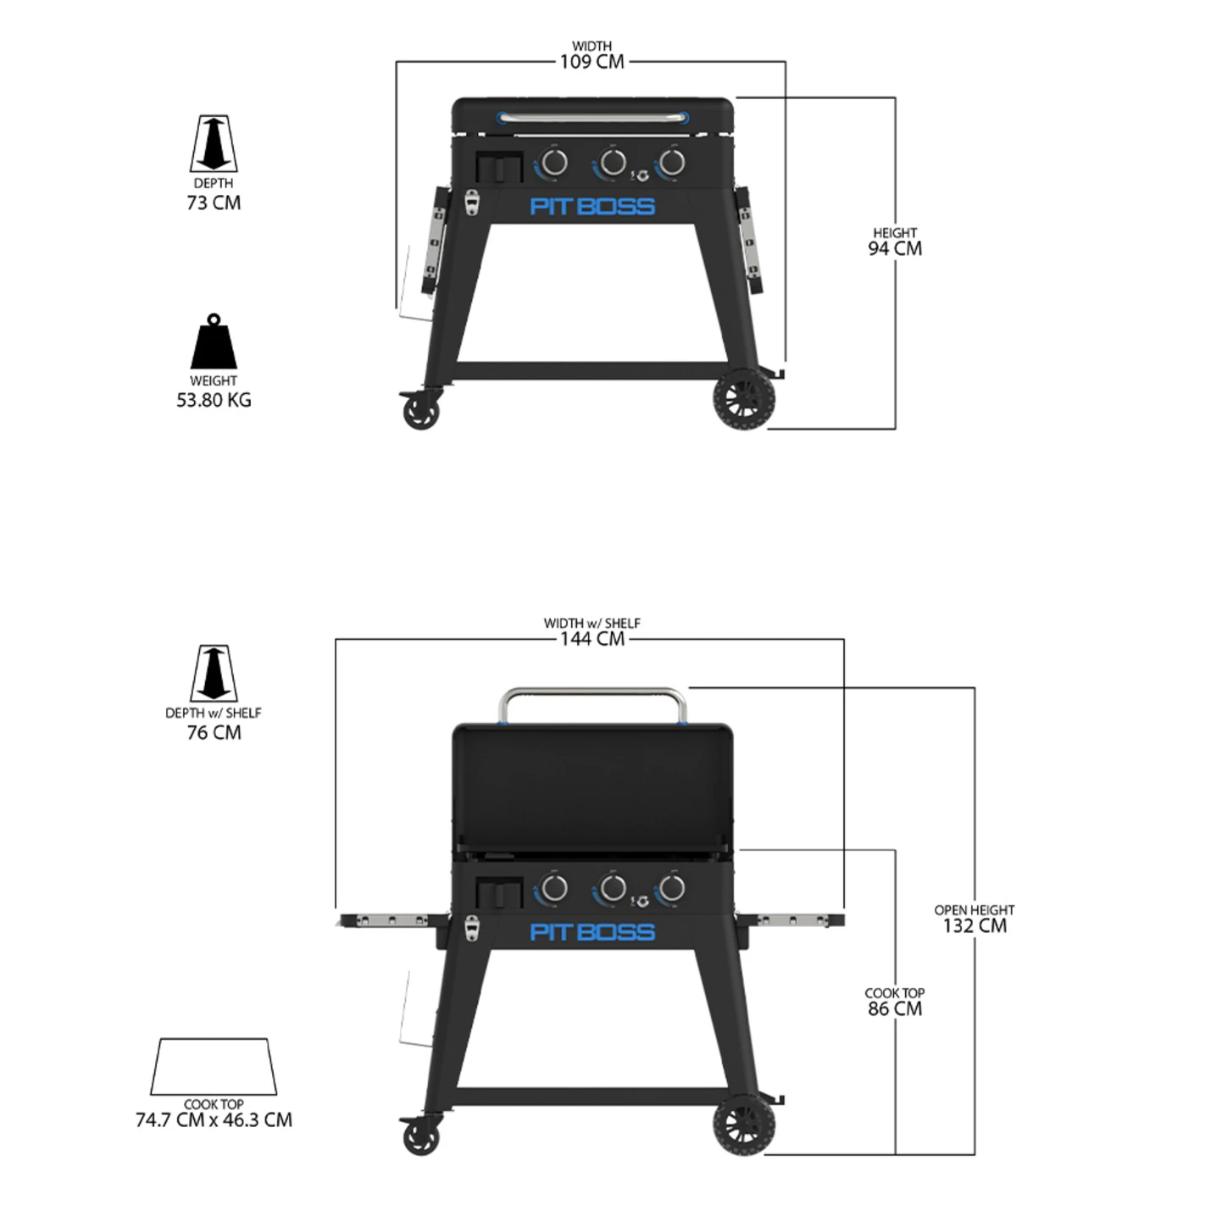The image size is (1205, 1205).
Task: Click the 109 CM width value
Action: (x=591, y=62)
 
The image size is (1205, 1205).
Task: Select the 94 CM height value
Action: (x=895, y=248)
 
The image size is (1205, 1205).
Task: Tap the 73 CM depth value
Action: (x=214, y=203)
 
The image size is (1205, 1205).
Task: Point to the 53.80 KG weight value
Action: (x=214, y=400)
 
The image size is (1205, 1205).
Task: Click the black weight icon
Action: (x=214, y=342)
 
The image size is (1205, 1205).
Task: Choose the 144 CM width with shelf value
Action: (x=591, y=639)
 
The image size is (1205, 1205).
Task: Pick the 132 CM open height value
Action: (x=975, y=925)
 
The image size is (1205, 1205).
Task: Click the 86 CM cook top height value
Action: (x=895, y=1008)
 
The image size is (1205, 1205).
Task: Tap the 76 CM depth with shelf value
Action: (x=214, y=732)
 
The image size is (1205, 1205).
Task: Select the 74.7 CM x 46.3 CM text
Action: (x=214, y=1119)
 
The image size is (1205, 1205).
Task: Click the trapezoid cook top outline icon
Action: (x=214, y=1066)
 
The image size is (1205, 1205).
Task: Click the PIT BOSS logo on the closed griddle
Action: (x=592, y=206)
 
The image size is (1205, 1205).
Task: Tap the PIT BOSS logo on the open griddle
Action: (x=592, y=932)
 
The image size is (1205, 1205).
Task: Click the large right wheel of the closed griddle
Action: (x=744, y=401)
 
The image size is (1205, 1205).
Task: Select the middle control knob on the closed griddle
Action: (x=612, y=162)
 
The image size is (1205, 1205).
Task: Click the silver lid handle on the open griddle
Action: (x=592, y=693)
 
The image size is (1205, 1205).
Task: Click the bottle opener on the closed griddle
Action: (x=472, y=203)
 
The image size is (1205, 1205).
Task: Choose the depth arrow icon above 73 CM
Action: (x=214, y=144)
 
